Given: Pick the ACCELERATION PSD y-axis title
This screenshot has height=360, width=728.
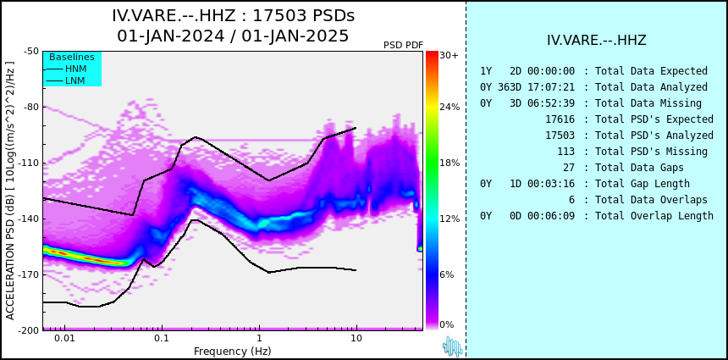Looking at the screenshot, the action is point(10,191).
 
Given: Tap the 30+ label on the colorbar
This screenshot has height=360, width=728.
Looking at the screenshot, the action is point(449,55).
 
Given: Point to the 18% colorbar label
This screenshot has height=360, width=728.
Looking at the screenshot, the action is point(449,163).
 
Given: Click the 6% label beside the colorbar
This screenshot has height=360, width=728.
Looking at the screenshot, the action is point(447,274).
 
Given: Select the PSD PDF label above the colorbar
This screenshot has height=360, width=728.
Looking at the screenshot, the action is point(404,45).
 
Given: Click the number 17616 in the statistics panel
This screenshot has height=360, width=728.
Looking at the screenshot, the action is point(560,119).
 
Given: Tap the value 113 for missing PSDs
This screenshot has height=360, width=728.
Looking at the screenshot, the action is point(565,152).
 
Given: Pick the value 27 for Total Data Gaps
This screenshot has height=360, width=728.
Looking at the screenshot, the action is point(568,168).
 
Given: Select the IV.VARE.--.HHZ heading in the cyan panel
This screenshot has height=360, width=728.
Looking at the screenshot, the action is point(597,40).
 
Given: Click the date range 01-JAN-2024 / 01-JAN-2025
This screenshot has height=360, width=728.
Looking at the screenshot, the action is point(233,36).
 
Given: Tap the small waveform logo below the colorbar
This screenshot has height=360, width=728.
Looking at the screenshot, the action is point(453,346).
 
